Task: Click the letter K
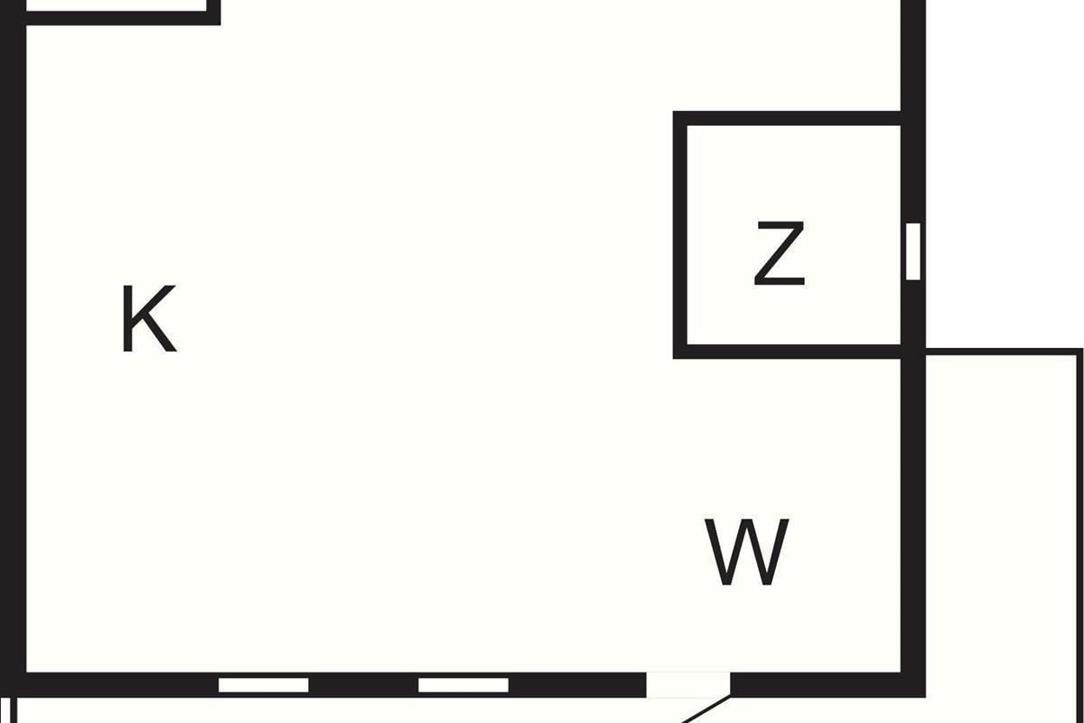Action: [x=148, y=319]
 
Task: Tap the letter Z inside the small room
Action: [x=779, y=256]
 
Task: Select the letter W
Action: [x=746, y=550]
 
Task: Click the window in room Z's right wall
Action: [x=913, y=250]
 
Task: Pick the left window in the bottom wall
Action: [x=264, y=685]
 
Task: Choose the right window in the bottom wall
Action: [x=463, y=685]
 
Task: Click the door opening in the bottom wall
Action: [x=688, y=684]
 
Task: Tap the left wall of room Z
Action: [x=680, y=235]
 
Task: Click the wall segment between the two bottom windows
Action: [x=363, y=685]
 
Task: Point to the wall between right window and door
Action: [x=576, y=685]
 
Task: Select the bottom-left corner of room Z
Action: [x=680, y=352]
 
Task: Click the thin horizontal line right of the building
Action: [x=1003, y=351]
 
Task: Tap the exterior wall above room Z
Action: [x=913, y=54]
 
